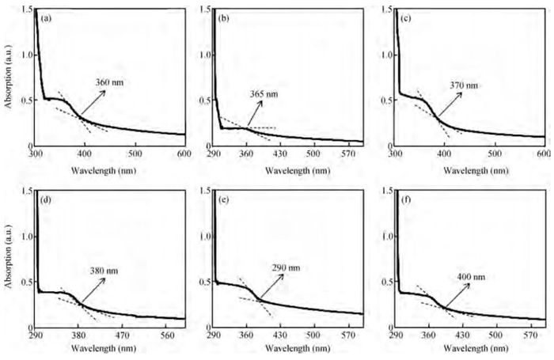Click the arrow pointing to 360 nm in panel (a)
pyautogui.click(x=96, y=104)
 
